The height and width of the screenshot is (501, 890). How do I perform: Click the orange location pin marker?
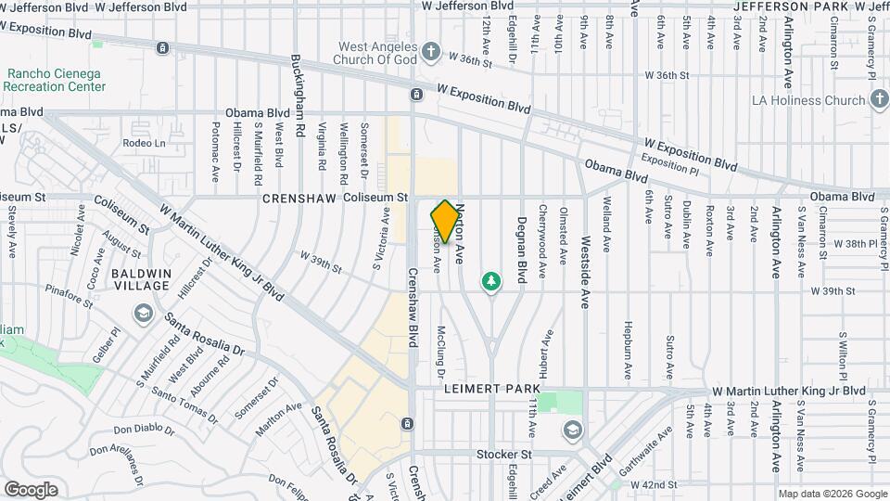446,222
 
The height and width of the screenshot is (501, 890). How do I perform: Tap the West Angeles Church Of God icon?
431,50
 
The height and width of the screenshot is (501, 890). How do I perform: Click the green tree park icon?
491,280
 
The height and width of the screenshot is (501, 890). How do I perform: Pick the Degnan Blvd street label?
522,243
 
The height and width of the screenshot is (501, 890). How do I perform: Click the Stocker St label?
503,455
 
